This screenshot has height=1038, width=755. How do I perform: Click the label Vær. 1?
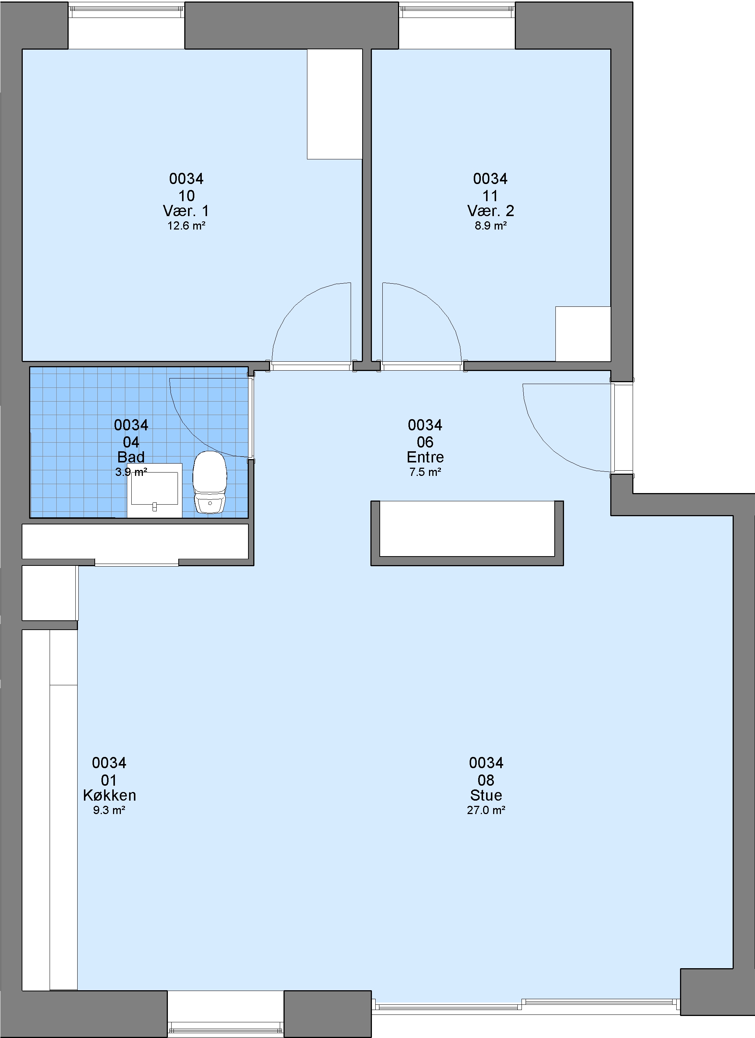186,211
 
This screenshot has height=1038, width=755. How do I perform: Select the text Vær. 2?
490,211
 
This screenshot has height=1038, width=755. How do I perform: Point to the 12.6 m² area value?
186,226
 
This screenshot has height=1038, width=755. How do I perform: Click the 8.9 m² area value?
490,226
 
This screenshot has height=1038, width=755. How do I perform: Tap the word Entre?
425,457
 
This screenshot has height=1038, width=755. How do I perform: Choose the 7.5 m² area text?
425,472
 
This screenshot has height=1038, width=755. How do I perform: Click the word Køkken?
109,795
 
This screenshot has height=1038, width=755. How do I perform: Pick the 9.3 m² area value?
109,810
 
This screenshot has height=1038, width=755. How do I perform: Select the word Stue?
486,795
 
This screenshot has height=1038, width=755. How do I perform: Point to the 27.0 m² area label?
486,810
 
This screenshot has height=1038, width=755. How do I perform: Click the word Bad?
131,457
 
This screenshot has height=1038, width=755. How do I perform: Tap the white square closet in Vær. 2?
583,334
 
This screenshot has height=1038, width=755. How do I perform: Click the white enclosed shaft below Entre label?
467,529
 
